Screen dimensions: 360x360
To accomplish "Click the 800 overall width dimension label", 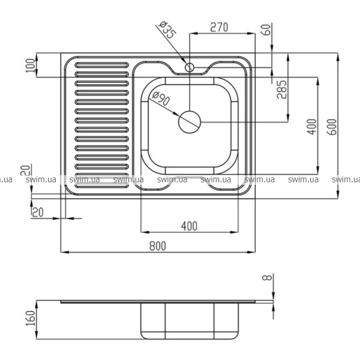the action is click(x=157, y=246).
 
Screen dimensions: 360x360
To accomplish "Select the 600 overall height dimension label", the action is click(x=332, y=127).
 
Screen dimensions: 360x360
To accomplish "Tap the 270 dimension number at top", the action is click(x=219, y=27).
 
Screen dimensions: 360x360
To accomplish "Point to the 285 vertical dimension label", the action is click(x=282, y=89).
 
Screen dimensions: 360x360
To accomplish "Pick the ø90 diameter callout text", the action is click(x=161, y=98).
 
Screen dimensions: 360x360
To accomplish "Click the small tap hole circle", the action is click(x=190, y=67).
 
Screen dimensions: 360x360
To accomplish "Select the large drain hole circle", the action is click(x=190, y=122).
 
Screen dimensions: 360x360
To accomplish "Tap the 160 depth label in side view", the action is click(x=31, y=318).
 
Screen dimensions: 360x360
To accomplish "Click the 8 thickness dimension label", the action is click(x=267, y=277).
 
